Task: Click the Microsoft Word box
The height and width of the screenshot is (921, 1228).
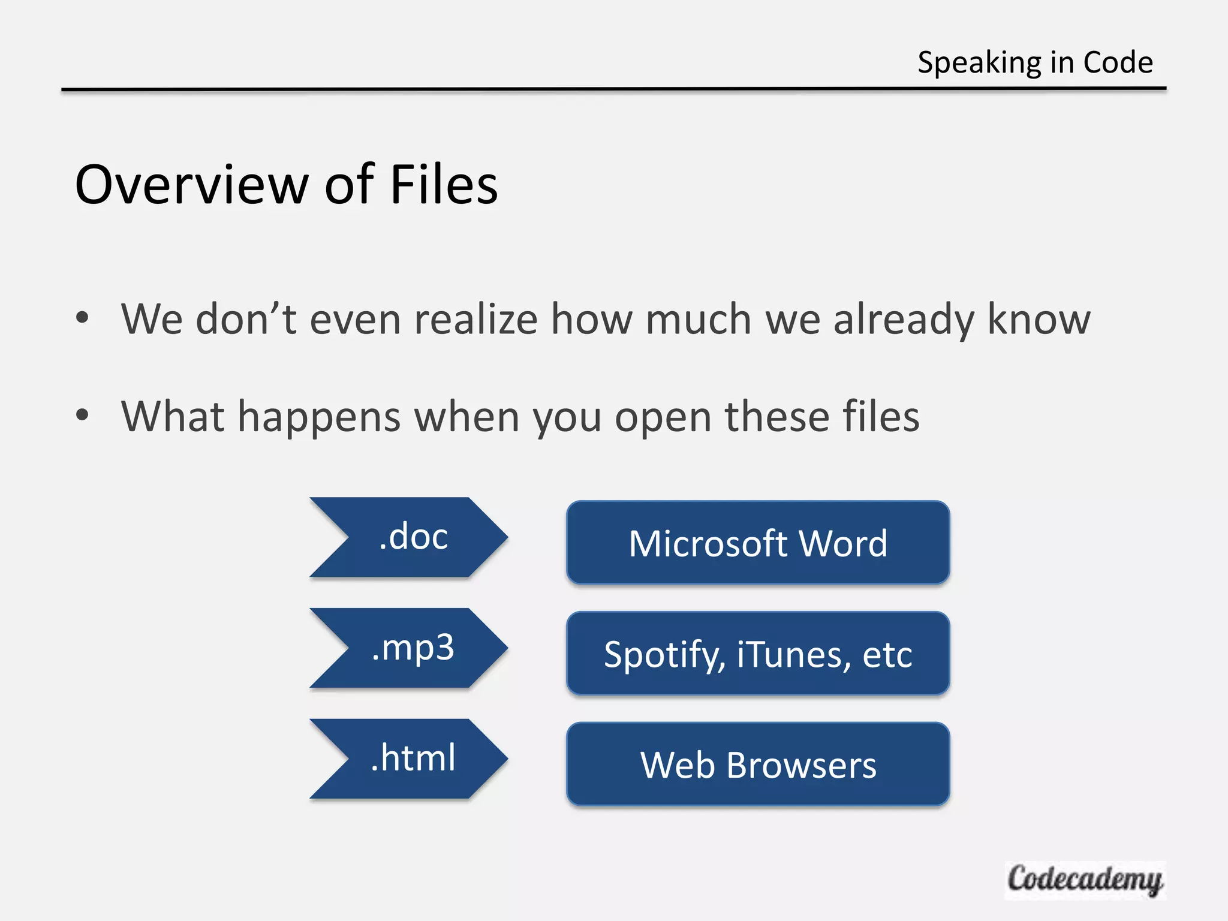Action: (x=758, y=543)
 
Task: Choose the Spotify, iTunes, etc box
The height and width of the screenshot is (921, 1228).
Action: (x=758, y=654)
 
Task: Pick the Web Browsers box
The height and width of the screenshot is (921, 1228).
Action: (x=758, y=765)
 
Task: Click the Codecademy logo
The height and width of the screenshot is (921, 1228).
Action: (x=1085, y=880)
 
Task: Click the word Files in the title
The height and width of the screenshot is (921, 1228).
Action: (x=444, y=185)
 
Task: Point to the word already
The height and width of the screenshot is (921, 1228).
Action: (x=904, y=320)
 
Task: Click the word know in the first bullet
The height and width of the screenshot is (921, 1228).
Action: (x=1039, y=319)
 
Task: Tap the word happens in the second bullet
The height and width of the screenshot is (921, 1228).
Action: (x=319, y=417)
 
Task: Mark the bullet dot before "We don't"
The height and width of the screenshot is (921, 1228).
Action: (x=83, y=317)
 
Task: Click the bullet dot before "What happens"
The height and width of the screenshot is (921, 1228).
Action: (x=83, y=414)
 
